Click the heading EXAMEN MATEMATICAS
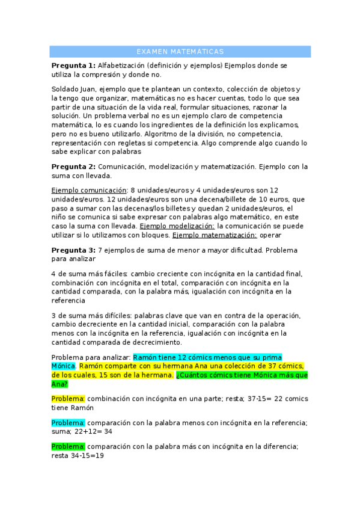(x=180, y=52)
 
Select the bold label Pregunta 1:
(x=73, y=66)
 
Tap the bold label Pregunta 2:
(x=73, y=167)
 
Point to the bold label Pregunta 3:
(x=73, y=250)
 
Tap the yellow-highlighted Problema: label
(x=68, y=398)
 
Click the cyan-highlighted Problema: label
(x=68, y=422)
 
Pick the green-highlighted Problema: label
(x=68, y=446)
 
